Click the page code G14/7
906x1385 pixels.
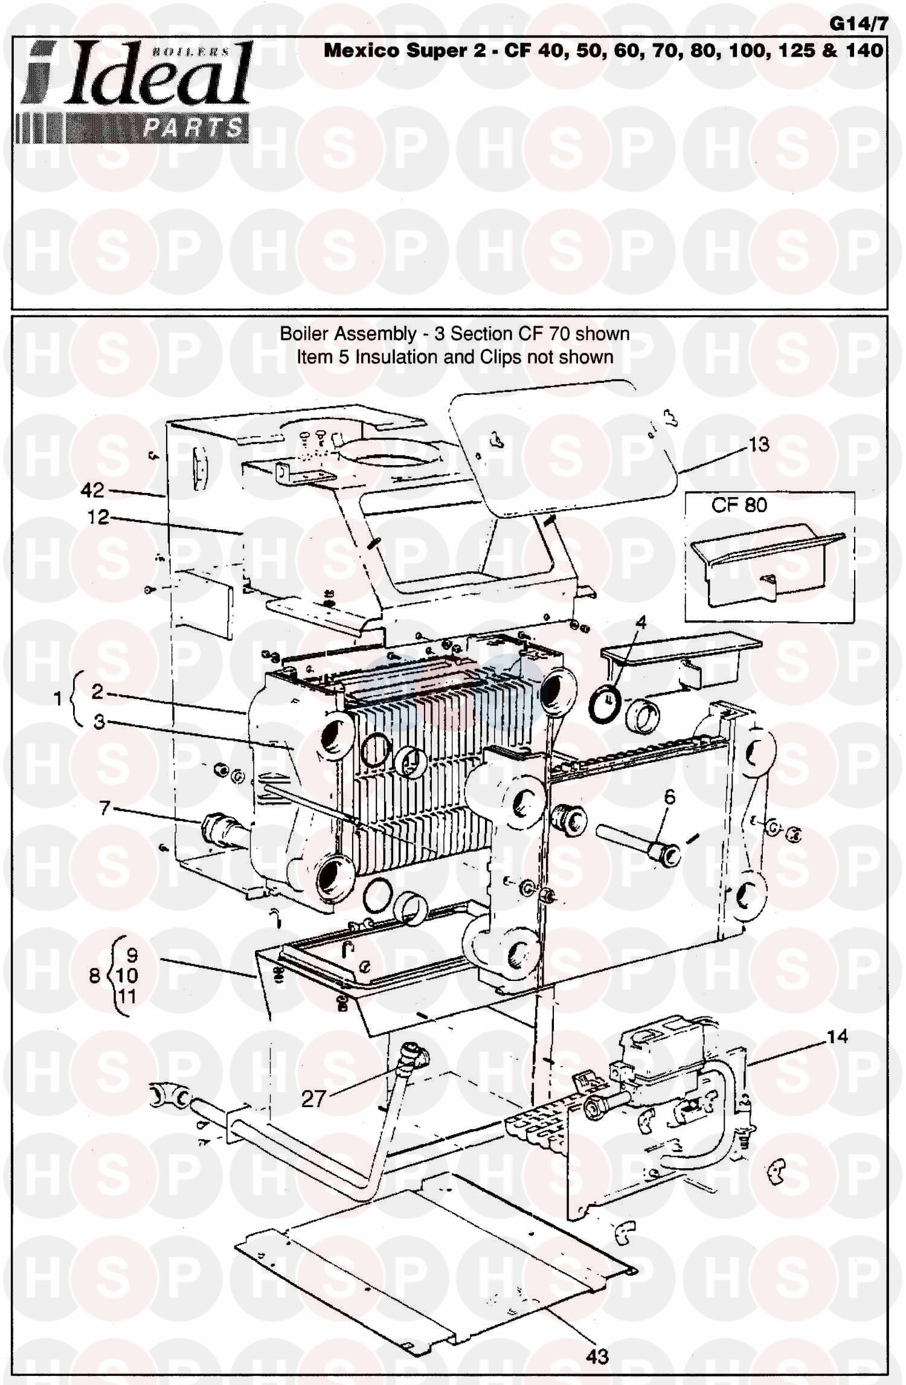pos(858,24)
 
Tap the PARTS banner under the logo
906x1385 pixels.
pos(193,127)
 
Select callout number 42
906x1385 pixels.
pos(92,490)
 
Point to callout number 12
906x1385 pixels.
pos(98,517)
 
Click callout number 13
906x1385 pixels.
pos(759,445)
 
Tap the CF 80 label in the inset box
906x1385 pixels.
pos(739,505)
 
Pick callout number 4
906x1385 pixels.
pos(641,622)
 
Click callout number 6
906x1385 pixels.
pos(670,798)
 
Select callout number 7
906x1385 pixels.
pos(105,808)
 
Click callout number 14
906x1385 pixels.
pos(837,1037)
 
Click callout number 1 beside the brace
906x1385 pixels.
pos(58,699)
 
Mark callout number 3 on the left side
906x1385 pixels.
pos(98,721)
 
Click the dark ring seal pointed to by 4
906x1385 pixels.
pos(606,701)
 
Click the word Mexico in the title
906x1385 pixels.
pos(362,51)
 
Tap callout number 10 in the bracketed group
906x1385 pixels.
pos(127,975)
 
